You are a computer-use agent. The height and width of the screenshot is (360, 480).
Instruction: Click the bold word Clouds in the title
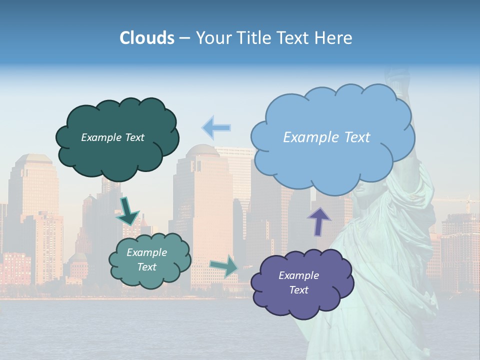tap(146, 38)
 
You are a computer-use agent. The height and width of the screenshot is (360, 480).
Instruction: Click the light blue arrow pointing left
tap(216, 127)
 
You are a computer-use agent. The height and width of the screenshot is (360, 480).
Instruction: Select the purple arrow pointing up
tap(319, 221)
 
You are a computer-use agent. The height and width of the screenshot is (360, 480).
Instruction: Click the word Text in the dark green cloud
tap(134, 137)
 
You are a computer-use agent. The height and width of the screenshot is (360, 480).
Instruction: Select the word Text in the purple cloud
tap(298, 290)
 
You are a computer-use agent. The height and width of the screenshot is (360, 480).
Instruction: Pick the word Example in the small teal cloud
tap(146, 252)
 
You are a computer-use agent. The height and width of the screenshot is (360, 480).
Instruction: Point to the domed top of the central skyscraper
tap(202, 149)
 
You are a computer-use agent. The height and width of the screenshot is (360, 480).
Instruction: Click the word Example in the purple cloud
tap(298, 275)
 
